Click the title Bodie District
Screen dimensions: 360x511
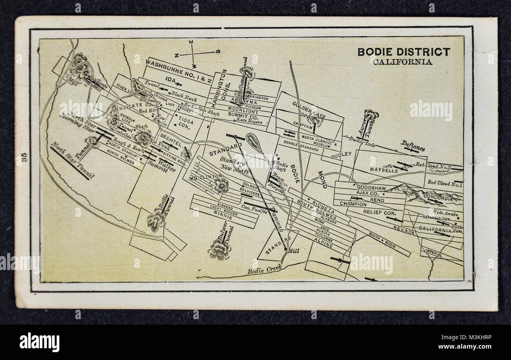tap(403, 51)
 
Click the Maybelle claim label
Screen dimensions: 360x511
tap(384, 170)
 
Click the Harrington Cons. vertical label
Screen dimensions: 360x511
tap(219, 88)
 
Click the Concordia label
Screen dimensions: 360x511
tap(438, 198)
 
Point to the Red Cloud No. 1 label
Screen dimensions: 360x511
tap(445, 183)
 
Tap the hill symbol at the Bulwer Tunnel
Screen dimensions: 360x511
tap(219, 250)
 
